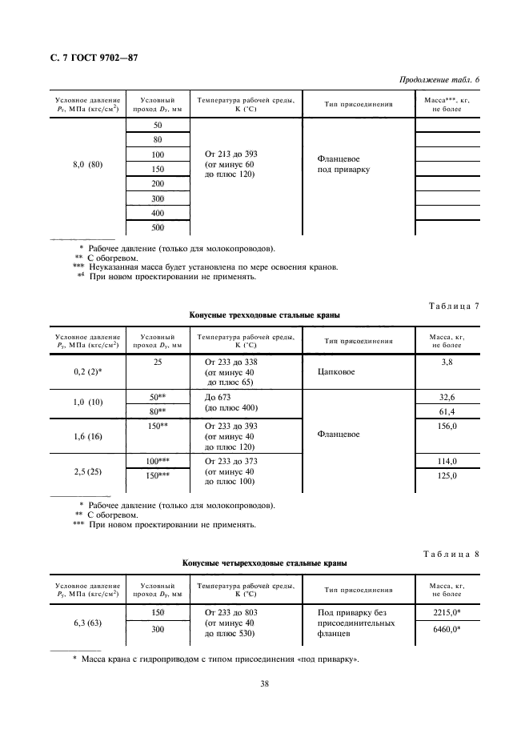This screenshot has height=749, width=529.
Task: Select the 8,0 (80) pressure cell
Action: point(87,165)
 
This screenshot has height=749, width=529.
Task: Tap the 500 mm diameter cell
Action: point(157,227)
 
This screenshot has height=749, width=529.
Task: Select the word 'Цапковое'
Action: point(337,372)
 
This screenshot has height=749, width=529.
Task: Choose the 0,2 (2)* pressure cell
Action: point(87,373)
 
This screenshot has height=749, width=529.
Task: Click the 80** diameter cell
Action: point(157,411)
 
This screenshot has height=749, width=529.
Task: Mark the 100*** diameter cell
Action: point(157,462)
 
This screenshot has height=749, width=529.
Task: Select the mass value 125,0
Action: point(447,477)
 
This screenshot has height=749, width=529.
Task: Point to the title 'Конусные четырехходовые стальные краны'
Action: point(264,563)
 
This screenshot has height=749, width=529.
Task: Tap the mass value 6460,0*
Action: point(447,629)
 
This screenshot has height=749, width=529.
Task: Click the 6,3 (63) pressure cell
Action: point(87,621)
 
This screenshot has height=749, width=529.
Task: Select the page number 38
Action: point(263,683)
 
